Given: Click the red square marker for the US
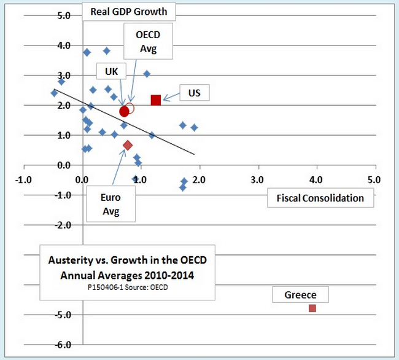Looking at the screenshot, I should tap(156, 100).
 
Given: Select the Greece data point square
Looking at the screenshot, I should tap(312, 308).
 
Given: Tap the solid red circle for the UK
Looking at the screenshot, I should tap(124, 111).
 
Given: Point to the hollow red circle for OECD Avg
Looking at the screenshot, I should tap(130, 108).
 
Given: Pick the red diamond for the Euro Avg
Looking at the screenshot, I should tap(128, 145).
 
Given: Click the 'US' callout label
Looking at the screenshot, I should tap(194, 93).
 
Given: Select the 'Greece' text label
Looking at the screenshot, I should tap(300, 295).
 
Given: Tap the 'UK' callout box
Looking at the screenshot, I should tap(111, 72).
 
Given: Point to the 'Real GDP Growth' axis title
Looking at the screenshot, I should tap(128, 10).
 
